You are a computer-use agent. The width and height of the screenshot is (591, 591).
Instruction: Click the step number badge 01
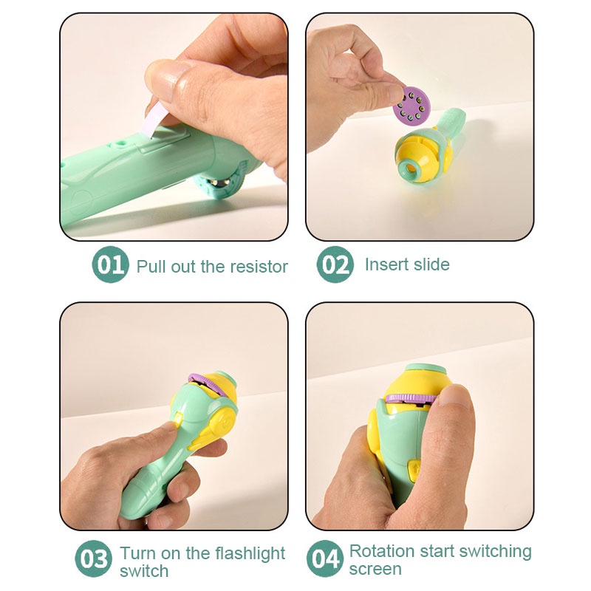pos(111,265)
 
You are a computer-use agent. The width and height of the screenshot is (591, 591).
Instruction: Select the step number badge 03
pos(94,558)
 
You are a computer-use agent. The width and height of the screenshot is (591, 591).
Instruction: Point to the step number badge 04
pos(325,558)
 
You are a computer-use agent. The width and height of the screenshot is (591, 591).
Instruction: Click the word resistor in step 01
pos(259,266)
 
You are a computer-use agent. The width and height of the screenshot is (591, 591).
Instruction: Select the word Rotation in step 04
pos(381,551)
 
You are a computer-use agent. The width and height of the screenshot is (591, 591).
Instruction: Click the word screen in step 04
pos(375,570)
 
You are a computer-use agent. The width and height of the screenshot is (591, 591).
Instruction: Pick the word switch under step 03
pos(144,571)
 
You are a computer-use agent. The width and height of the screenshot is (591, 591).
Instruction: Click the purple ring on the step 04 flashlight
pos(410,399)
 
